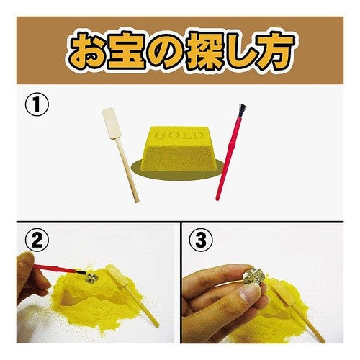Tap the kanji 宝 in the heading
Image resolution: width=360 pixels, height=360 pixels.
tap(127, 50)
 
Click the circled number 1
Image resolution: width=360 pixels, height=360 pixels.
tap(37, 104)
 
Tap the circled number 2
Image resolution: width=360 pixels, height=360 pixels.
tap(37, 240)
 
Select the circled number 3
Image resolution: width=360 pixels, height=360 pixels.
tap(201, 240)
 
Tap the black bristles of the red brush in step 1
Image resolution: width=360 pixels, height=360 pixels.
tap(241, 111)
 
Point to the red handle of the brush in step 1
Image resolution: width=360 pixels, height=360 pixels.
tap(228, 158)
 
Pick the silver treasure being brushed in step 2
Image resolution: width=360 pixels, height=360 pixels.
tap(92, 278)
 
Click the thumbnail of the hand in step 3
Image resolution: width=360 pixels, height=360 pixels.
tap(250, 294)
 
